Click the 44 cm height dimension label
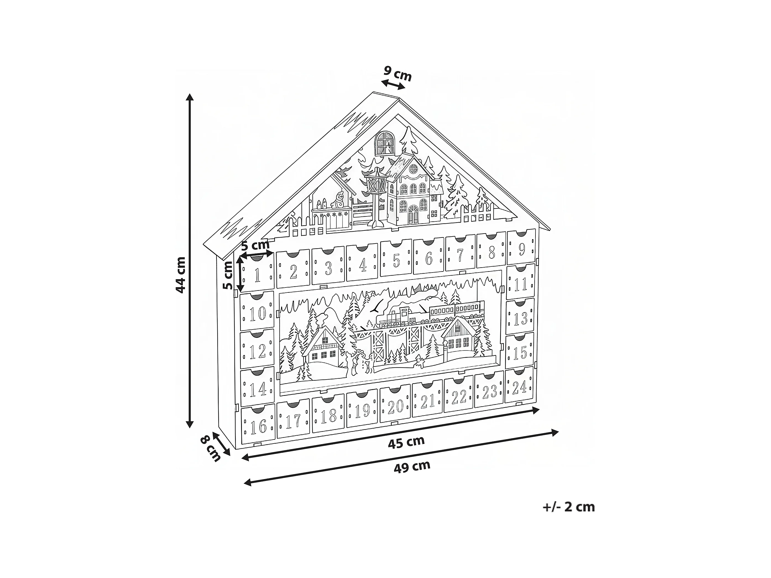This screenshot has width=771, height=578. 180,275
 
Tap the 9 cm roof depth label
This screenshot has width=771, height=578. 398,74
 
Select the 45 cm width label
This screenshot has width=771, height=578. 406,442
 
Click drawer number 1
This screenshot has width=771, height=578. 257,275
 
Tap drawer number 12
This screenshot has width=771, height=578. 258,351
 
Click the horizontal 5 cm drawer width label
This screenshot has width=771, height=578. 255,245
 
